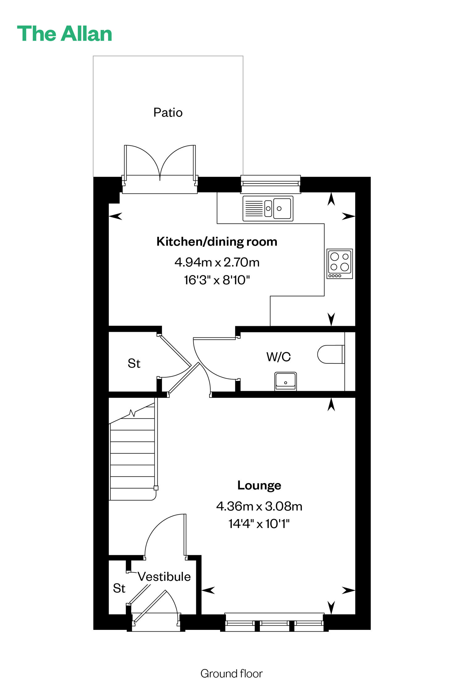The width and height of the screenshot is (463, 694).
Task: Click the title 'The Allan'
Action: (x=65, y=34)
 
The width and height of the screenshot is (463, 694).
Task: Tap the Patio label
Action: (x=168, y=113)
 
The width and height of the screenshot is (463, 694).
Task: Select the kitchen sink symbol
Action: (x=268, y=209)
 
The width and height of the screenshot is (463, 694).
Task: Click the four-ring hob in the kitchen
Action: (x=340, y=264)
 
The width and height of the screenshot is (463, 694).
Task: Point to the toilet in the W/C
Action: (x=331, y=354)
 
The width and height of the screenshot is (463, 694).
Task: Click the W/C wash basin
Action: (x=286, y=381)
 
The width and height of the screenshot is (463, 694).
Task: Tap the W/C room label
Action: (x=278, y=357)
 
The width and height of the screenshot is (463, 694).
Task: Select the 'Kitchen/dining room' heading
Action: (x=217, y=242)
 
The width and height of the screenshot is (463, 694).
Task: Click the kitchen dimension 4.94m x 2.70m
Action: (x=217, y=262)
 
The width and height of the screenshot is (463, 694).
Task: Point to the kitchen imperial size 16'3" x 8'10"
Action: (x=217, y=280)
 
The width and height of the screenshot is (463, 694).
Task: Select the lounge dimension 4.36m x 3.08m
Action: (x=259, y=506)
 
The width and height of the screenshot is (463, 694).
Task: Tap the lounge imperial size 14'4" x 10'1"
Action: (x=259, y=524)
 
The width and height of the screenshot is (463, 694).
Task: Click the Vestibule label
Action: (x=164, y=576)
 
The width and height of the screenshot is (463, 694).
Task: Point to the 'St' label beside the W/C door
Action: (x=134, y=363)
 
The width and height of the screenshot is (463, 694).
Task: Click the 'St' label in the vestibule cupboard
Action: (x=119, y=588)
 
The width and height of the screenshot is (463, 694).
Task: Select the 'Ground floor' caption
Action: (x=231, y=674)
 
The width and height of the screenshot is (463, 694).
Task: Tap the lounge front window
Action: (x=274, y=622)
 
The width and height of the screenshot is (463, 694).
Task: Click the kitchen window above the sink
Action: (x=271, y=184)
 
